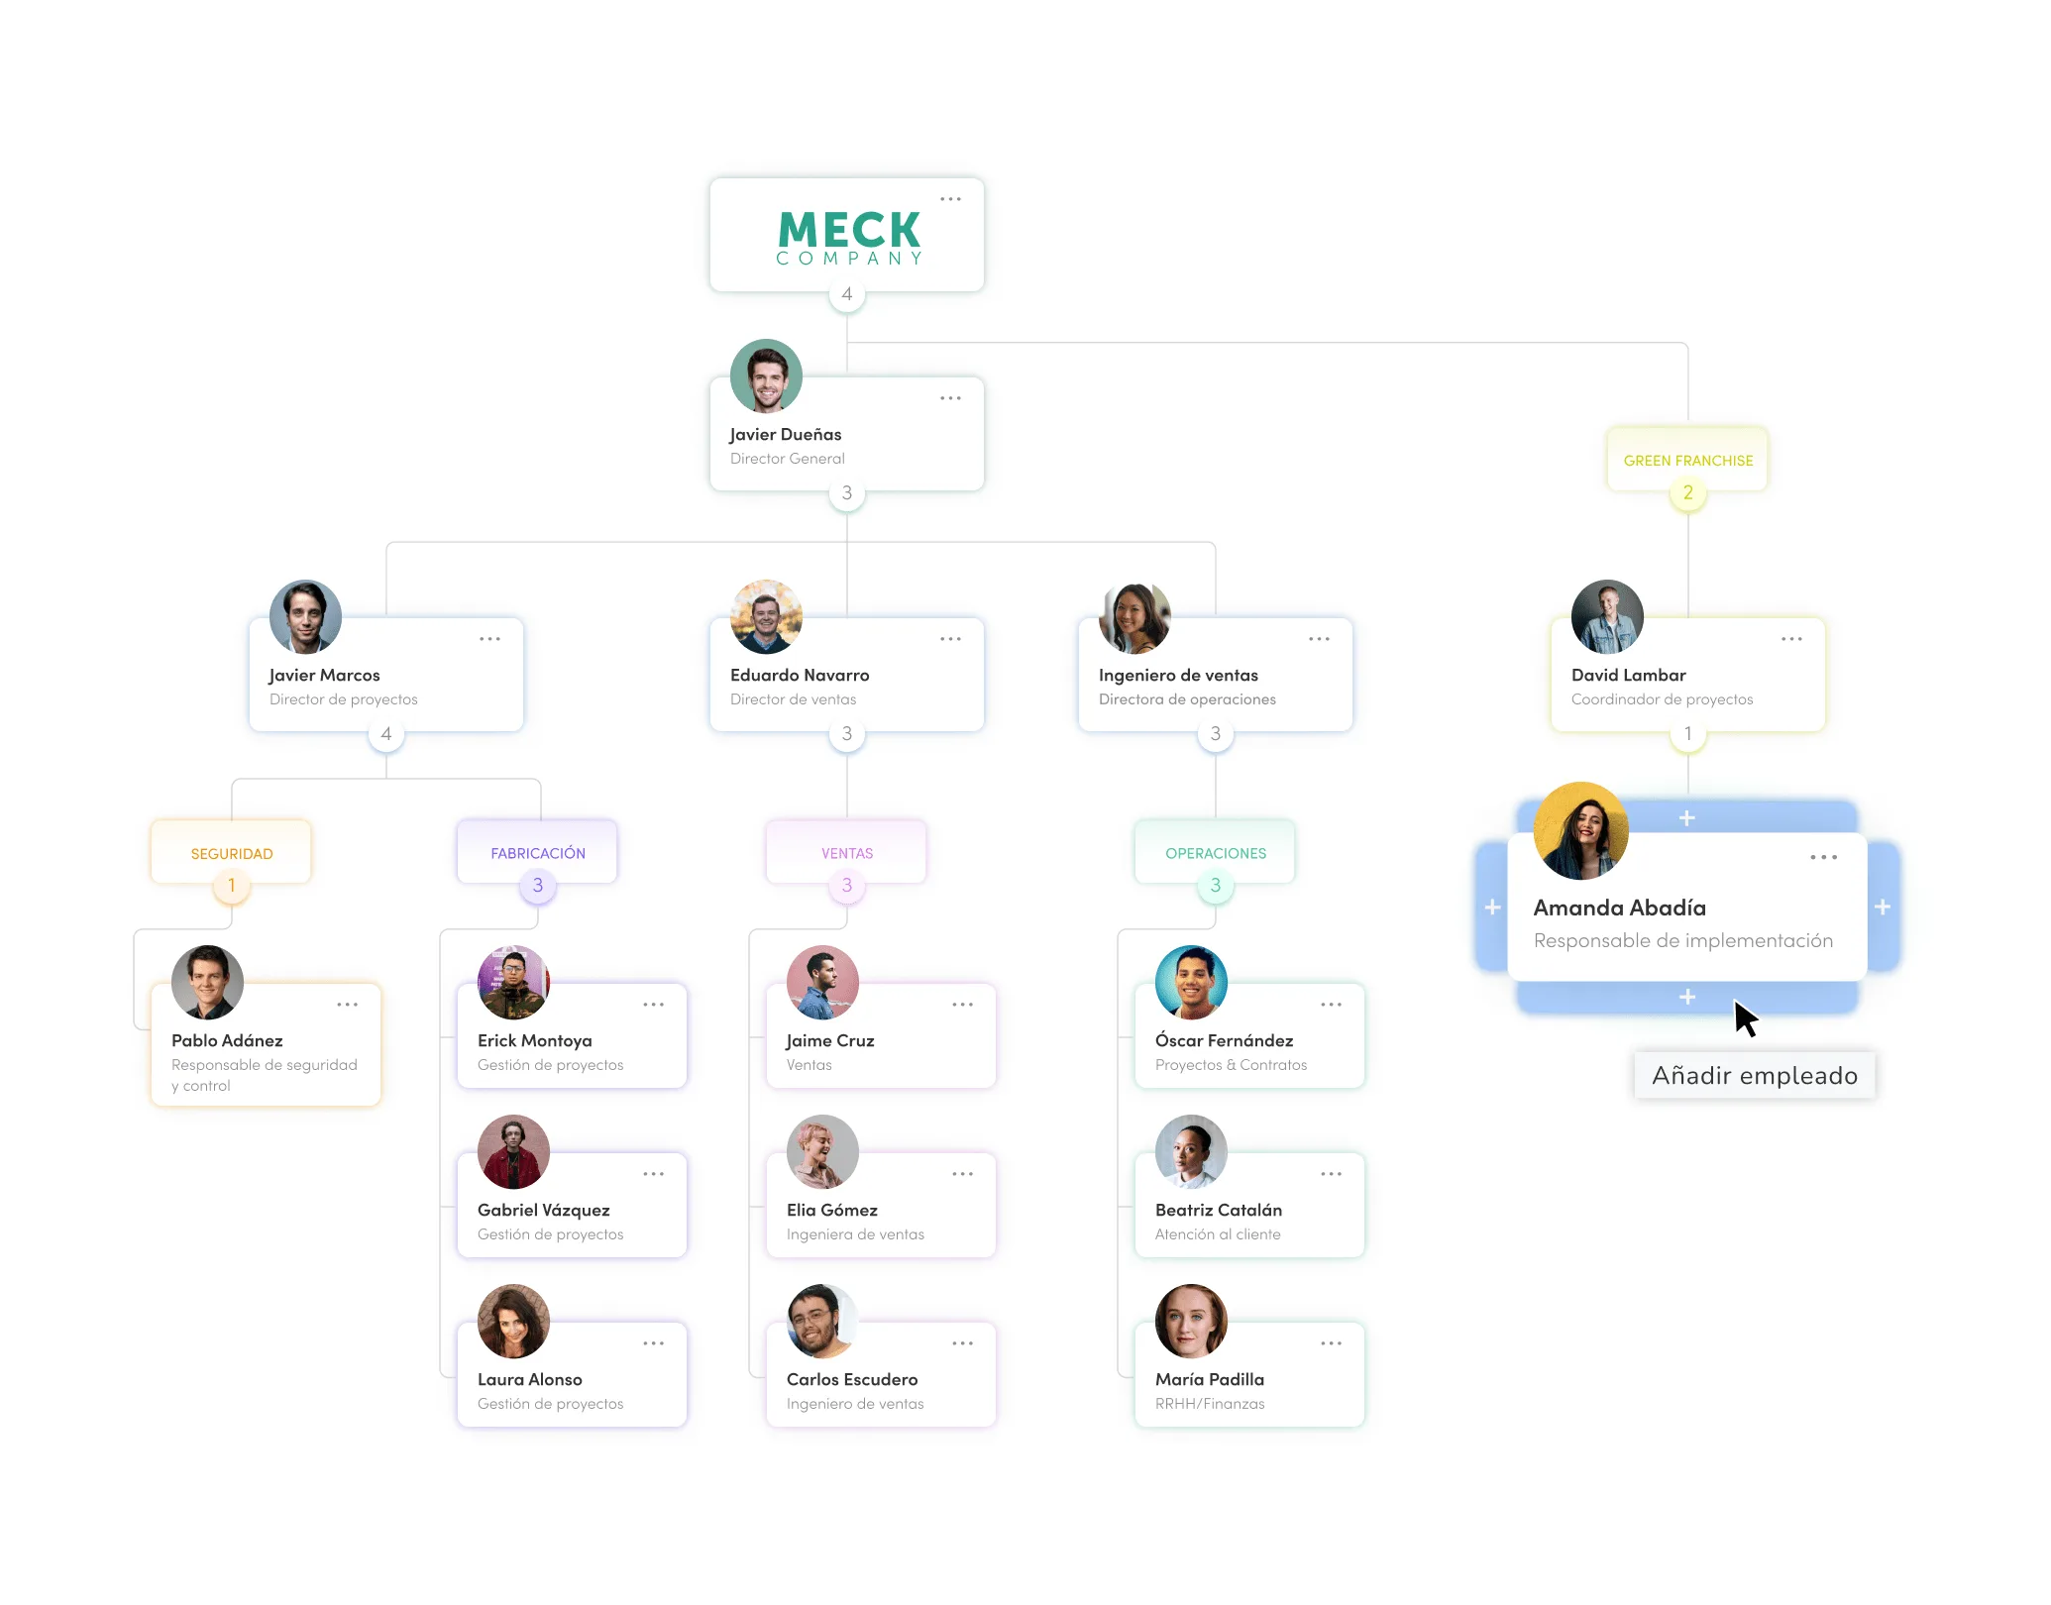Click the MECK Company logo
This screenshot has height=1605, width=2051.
[849, 238]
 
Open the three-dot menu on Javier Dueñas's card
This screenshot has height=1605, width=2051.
[950, 398]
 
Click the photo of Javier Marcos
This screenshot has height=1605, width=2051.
[305, 616]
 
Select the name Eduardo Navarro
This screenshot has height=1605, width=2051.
[800, 675]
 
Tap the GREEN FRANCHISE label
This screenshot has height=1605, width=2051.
[1688, 461]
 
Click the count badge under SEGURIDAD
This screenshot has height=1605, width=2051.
[232, 885]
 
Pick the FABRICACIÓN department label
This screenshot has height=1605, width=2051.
[538, 853]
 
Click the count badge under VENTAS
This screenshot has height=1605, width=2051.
[847, 885]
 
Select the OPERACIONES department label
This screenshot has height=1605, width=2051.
[1216, 853]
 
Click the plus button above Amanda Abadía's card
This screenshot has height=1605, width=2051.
[1687, 818]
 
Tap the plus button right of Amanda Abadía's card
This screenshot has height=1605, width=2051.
[1883, 907]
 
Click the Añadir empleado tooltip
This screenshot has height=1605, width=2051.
[1755, 1075]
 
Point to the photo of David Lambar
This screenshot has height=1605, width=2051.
[1607, 616]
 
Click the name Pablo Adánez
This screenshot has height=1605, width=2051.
[227, 1040]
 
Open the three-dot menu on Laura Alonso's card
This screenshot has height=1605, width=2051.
[653, 1343]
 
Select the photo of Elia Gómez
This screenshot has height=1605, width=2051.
[822, 1151]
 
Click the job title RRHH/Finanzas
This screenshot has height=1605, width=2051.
[1210, 1404]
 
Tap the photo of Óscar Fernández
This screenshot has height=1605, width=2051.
[1191, 982]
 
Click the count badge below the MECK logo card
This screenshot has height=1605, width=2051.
[847, 294]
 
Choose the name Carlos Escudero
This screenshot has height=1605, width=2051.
[852, 1379]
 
